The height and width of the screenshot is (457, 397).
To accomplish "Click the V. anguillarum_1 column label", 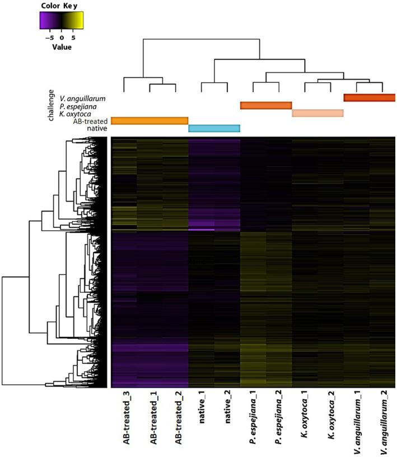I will click(357, 421).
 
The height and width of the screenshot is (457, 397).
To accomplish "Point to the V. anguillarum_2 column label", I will click(382, 421).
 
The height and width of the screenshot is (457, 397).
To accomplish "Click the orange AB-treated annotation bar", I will click(150, 120).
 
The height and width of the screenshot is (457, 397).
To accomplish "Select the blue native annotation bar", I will click(214, 128).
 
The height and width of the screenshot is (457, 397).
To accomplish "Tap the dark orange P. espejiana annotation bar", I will click(266, 105).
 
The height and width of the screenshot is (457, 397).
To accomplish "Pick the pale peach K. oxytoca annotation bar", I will click(317, 113).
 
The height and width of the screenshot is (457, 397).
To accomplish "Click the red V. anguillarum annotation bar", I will click(370, 97).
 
